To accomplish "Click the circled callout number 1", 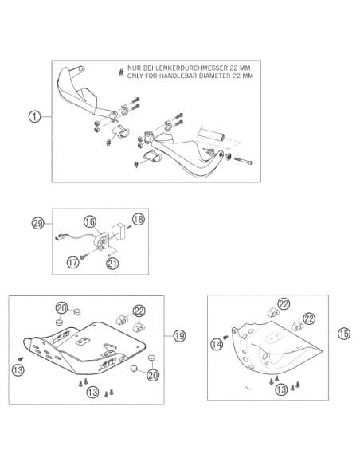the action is click(34, 116).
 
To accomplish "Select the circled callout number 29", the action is click(37, 223).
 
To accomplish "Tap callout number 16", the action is click(90, 221).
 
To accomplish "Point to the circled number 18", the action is click(139, 219).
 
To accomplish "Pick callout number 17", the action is click(72, 262).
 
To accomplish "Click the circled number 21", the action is click(112, 263).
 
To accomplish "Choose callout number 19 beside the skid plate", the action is click(179, 336).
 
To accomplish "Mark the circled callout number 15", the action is click(344, 334).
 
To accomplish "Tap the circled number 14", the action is click(217, 344).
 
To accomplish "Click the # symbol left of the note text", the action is click(121, 72).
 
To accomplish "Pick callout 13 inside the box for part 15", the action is click(281, 389).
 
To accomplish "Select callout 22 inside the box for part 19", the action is click(139, 311).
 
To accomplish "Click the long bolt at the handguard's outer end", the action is click(243, 161).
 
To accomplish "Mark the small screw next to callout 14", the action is click(225, 337).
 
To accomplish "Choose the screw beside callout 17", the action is click(83, 256).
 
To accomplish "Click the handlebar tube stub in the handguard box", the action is click(212, 135).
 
